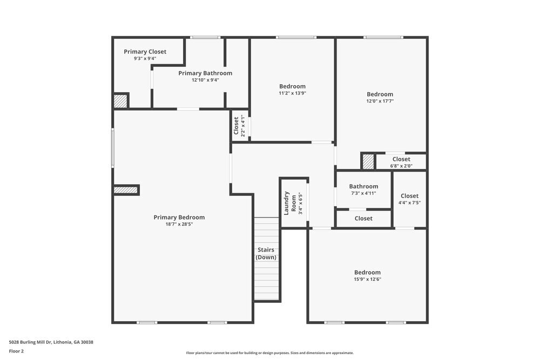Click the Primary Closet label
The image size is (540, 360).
[145, 52]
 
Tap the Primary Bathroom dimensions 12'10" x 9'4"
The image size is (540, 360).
[205, 80]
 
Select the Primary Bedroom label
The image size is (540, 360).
[179, 218]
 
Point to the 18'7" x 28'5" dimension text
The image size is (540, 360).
[179, 224]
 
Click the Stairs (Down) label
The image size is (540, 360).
[266, 254]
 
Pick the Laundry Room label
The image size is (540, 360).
[290, 202]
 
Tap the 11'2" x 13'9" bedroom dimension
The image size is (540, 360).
[292, 93]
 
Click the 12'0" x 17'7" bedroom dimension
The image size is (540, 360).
[380, 101]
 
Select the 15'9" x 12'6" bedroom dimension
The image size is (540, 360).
[367, 280]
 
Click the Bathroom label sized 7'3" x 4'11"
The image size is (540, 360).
[363, 187]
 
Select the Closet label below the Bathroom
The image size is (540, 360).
[363, 219]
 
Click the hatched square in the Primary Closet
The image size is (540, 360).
[120, 101]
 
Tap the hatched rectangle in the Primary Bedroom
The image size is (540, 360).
[125, 190]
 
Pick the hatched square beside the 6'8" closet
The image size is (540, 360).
[368, 161]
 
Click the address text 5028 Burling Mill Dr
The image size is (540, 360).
[51, 342]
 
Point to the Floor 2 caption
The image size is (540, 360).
[16, 351]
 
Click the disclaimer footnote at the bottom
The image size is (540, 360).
[270, 353]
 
